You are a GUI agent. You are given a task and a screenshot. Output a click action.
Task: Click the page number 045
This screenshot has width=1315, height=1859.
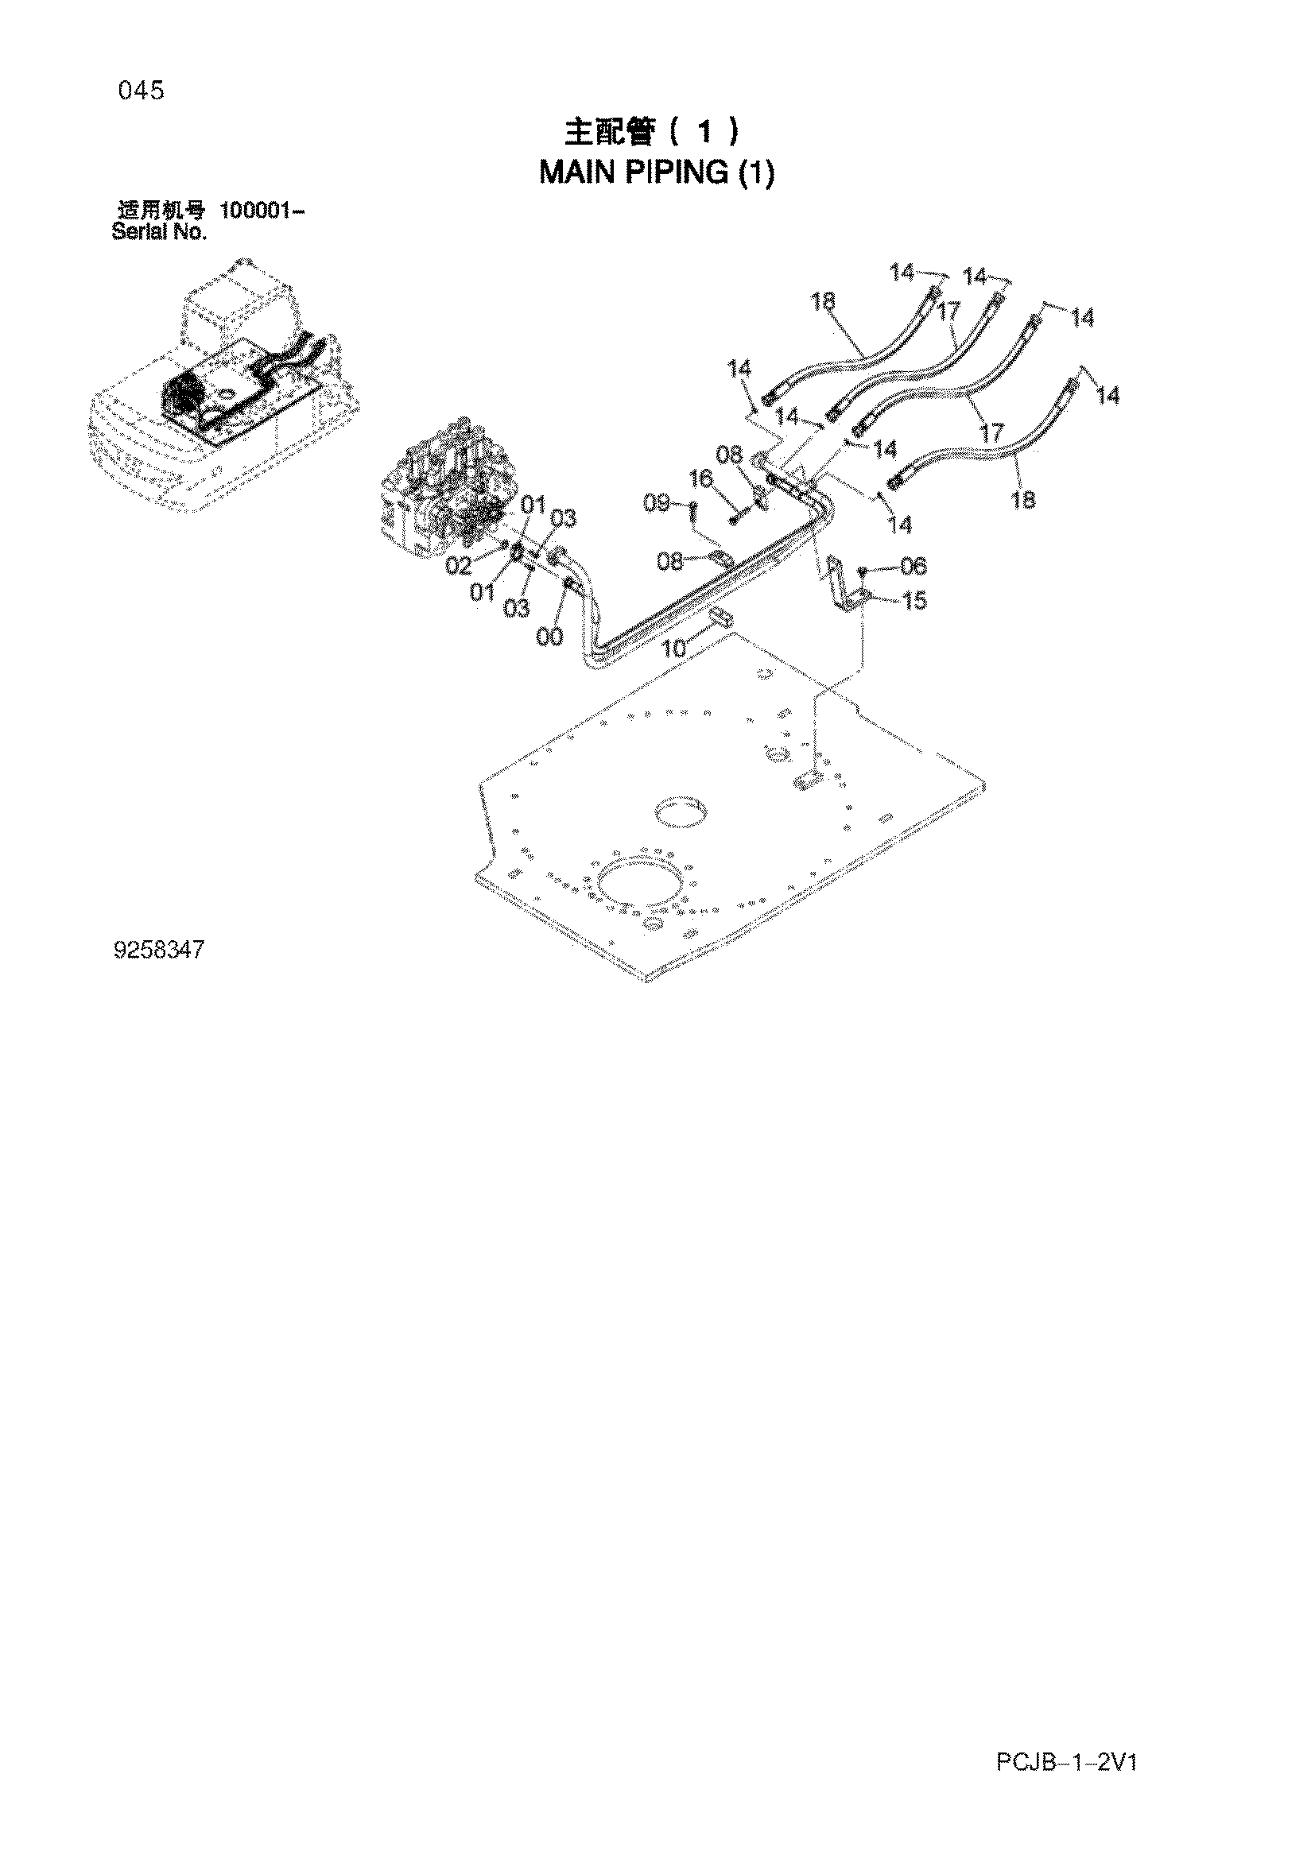pos(141,91)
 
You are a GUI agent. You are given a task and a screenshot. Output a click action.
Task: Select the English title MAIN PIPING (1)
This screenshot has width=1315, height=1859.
pos(657,172)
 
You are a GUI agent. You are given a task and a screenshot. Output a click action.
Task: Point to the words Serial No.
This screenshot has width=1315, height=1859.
pos(159,232)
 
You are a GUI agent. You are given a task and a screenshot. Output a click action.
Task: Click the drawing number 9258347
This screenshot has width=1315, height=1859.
pos(160,949)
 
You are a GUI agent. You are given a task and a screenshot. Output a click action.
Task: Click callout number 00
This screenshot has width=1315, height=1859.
pos(549,637)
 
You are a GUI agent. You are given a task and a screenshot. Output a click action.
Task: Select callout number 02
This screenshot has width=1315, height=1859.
pos(458,565)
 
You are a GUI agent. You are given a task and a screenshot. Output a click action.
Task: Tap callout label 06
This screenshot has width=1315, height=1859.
pos(914,565)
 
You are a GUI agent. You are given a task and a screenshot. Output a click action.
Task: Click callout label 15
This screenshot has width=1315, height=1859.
pos(914,601)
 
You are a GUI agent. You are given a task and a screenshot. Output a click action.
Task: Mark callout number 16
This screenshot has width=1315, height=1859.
pos(700,479)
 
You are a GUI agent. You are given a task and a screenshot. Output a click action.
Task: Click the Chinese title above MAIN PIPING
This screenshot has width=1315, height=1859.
pos(652,131)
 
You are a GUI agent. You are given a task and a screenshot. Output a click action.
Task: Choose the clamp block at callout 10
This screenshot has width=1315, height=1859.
pos(720,619)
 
